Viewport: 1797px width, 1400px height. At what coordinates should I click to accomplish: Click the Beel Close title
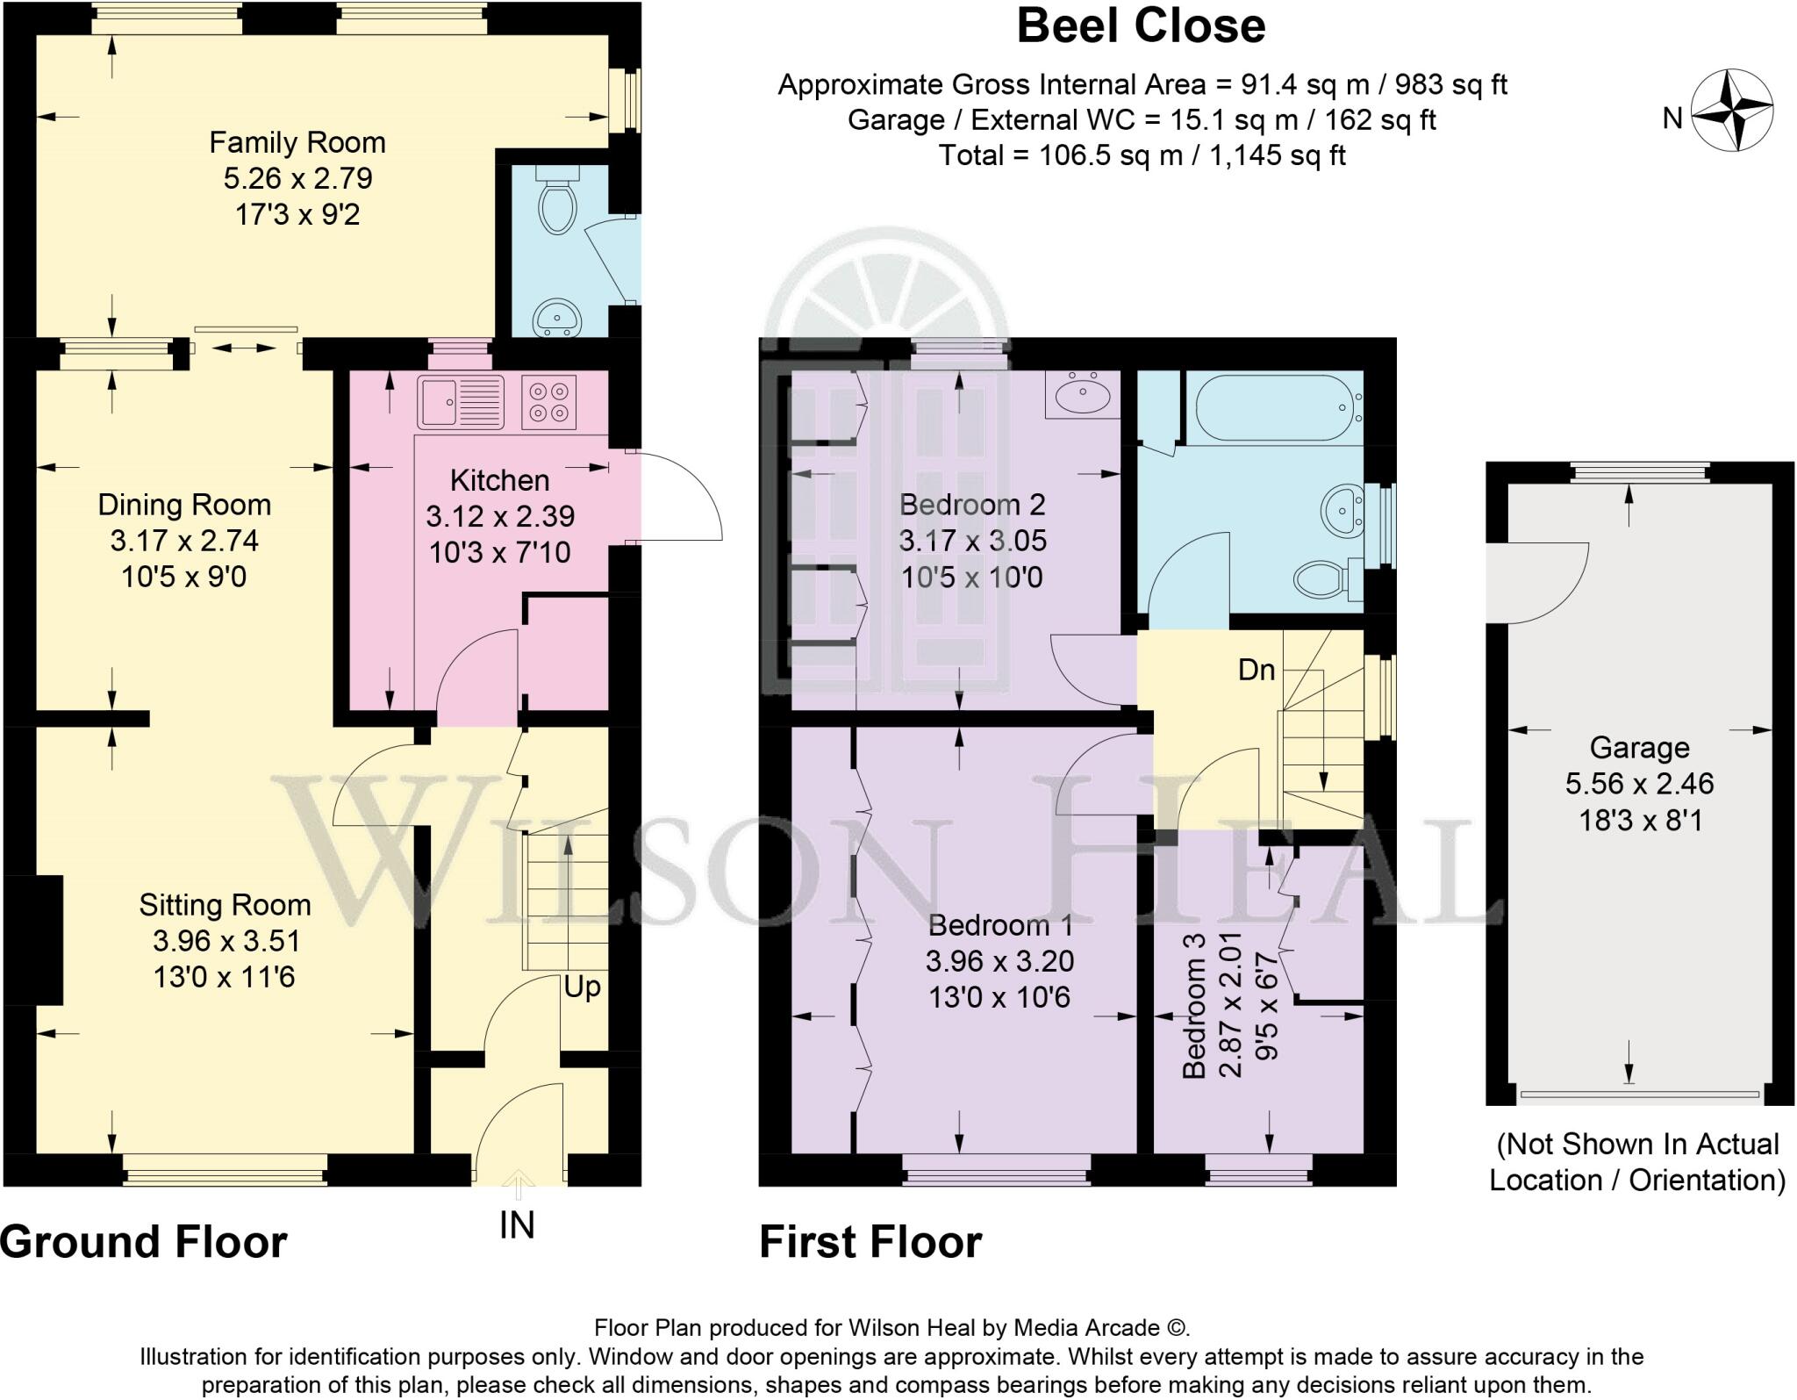(x=1140, y=25)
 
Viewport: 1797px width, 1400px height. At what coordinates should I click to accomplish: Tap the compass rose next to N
(x=1732, y=111)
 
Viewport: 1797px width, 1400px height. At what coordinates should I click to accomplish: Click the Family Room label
(x=297, y=142)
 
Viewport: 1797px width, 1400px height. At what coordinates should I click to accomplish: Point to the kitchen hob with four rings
(x=548, y=401)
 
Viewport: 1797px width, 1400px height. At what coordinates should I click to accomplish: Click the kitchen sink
(x=460, y=401)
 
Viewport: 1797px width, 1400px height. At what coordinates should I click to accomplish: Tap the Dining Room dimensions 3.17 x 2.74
(x=184, y=541)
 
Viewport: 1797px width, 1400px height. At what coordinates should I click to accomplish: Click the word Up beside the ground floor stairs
(x=583, y=987)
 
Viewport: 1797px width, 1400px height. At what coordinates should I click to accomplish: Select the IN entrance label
(x=517, y=1225)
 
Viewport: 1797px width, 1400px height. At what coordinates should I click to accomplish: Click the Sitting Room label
(x=226, y=905)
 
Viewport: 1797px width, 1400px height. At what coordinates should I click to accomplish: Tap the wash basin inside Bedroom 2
(x=1083, y=396)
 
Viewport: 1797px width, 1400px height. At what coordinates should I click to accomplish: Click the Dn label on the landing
(x=1256, y=671)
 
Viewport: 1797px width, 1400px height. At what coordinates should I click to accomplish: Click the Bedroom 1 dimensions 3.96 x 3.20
(x=999, y=961)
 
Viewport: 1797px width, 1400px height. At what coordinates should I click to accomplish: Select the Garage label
(x=1639, y=748)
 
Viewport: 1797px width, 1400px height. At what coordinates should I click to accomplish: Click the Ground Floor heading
(x=144, y=1242)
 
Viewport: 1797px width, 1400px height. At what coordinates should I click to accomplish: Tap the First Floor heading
(x=870, y=1242)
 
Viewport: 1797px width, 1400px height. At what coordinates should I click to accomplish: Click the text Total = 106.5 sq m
(x=1141, y=155)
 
